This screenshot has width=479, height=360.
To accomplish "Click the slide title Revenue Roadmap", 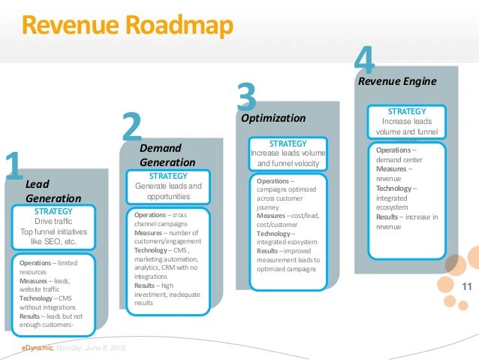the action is [x=126, y=26].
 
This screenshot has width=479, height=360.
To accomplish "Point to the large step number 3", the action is [x=246, y=101].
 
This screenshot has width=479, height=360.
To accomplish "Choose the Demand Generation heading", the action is [x=167, y=155].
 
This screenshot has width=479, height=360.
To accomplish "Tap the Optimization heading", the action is [x=273, y=118].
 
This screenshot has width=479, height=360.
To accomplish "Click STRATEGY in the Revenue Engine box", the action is [x=407, y=111].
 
